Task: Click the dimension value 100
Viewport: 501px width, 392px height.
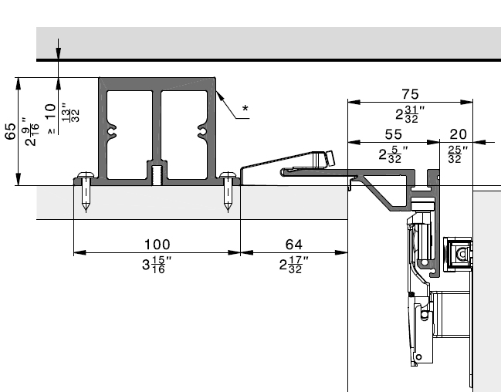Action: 157,244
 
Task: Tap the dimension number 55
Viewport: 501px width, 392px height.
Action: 394,133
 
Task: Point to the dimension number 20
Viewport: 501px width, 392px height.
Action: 457,133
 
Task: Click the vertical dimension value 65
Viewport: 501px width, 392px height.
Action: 11,132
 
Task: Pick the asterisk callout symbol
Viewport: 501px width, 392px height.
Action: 245,109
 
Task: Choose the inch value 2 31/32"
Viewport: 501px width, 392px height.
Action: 409,114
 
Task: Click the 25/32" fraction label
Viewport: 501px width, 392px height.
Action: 455,154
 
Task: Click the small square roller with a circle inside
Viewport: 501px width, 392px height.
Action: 461,253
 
